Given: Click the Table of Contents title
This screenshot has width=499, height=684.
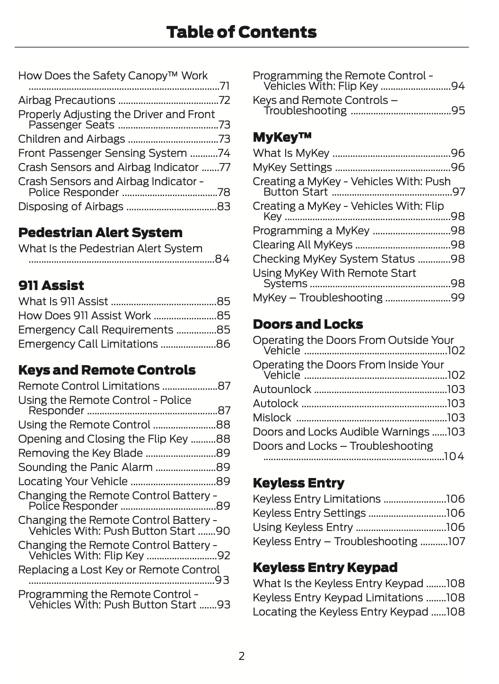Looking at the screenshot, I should tap(241, 32).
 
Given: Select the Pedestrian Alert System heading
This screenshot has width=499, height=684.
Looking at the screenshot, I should tap(100, 232).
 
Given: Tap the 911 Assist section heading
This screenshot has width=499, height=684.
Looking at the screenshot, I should tap(51, 285).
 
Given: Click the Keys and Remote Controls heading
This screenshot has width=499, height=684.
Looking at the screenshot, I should tap(106, 370).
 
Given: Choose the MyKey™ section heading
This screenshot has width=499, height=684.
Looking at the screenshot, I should tap(282, 137).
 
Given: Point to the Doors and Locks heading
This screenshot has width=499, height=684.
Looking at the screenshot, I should tap(307, 324).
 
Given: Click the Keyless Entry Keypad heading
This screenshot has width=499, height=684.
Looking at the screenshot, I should tap(325, 567).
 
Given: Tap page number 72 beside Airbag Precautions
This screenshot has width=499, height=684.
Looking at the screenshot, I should tap(224, 100).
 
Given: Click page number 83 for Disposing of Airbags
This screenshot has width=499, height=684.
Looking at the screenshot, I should tap(224, 206).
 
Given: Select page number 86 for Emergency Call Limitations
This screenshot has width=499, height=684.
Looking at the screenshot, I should tap(223, 344).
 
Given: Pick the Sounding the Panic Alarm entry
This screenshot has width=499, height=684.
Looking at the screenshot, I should tap(85, 467).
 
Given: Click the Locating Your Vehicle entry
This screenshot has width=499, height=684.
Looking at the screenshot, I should tap(73, 481).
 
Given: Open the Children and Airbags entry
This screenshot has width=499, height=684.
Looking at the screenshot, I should tap(71, 139).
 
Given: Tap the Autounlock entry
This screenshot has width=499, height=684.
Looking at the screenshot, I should tap(282, 389).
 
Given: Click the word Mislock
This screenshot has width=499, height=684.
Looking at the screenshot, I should tap(272, 418).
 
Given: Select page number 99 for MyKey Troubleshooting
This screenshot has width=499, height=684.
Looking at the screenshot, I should tap(458, 298).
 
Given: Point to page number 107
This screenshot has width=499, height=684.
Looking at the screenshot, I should tap(456, 541).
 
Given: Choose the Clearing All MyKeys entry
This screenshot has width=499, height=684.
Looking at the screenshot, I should tap(302, 245).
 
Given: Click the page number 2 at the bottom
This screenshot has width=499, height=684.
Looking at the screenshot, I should tap(241, 656).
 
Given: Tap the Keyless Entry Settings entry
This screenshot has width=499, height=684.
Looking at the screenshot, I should tap(309, 513).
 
